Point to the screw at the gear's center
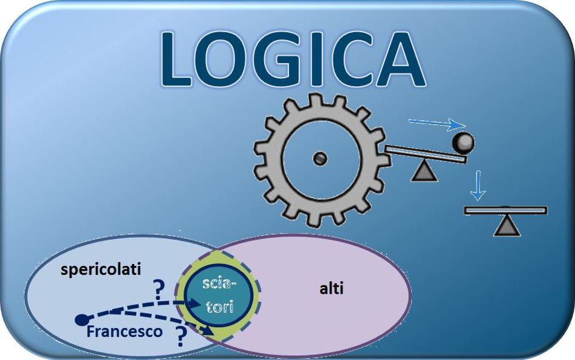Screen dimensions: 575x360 320,158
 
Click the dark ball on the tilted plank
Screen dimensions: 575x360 463,143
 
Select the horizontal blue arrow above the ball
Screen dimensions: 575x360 437,124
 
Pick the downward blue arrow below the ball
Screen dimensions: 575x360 478,185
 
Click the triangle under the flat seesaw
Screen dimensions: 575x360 506,225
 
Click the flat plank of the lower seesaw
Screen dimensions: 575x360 506,211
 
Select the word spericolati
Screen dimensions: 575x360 101,270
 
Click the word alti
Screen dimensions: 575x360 332,288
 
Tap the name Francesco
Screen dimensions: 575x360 124,331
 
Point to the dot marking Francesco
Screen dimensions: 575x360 81,320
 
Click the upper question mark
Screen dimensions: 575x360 159,291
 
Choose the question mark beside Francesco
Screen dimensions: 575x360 180,336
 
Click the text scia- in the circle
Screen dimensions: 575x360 219,284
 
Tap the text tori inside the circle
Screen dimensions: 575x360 220,307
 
